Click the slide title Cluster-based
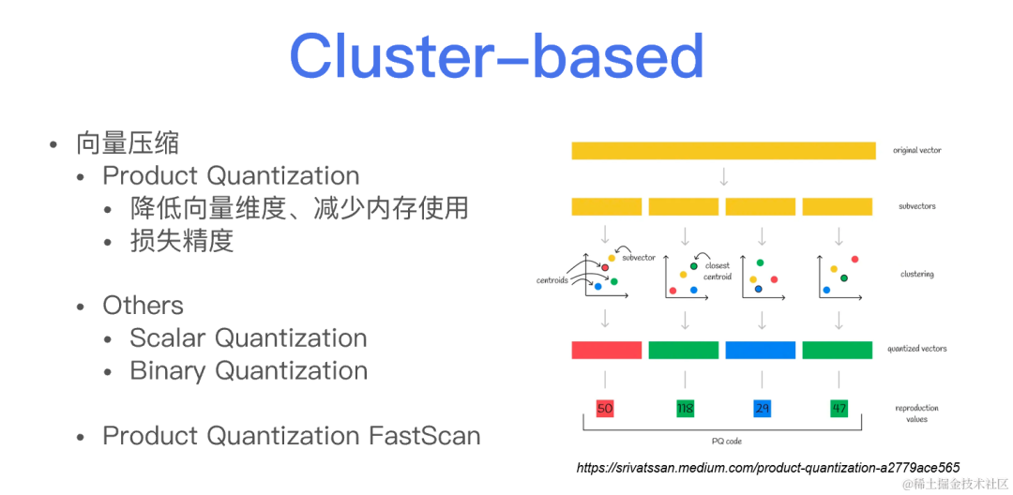click(496, 56)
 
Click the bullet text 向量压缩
click(127, 143)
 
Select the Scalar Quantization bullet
click(248, 338)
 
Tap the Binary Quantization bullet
click(248, 371)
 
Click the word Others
click(143, 306)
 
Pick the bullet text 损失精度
click(181, 241)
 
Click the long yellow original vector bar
click(723, 150)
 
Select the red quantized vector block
click(606, 350)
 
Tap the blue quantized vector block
click(760, 350)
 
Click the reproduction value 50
click(605, 409)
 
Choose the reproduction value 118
click(685, 409)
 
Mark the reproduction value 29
click(761, 409)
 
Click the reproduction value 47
click(838, 409)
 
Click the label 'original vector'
click(916, 150)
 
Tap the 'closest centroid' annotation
click(718, 271)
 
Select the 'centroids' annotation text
click(552, 280)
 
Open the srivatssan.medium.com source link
click(767, 467)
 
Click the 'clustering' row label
click(915, 275)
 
